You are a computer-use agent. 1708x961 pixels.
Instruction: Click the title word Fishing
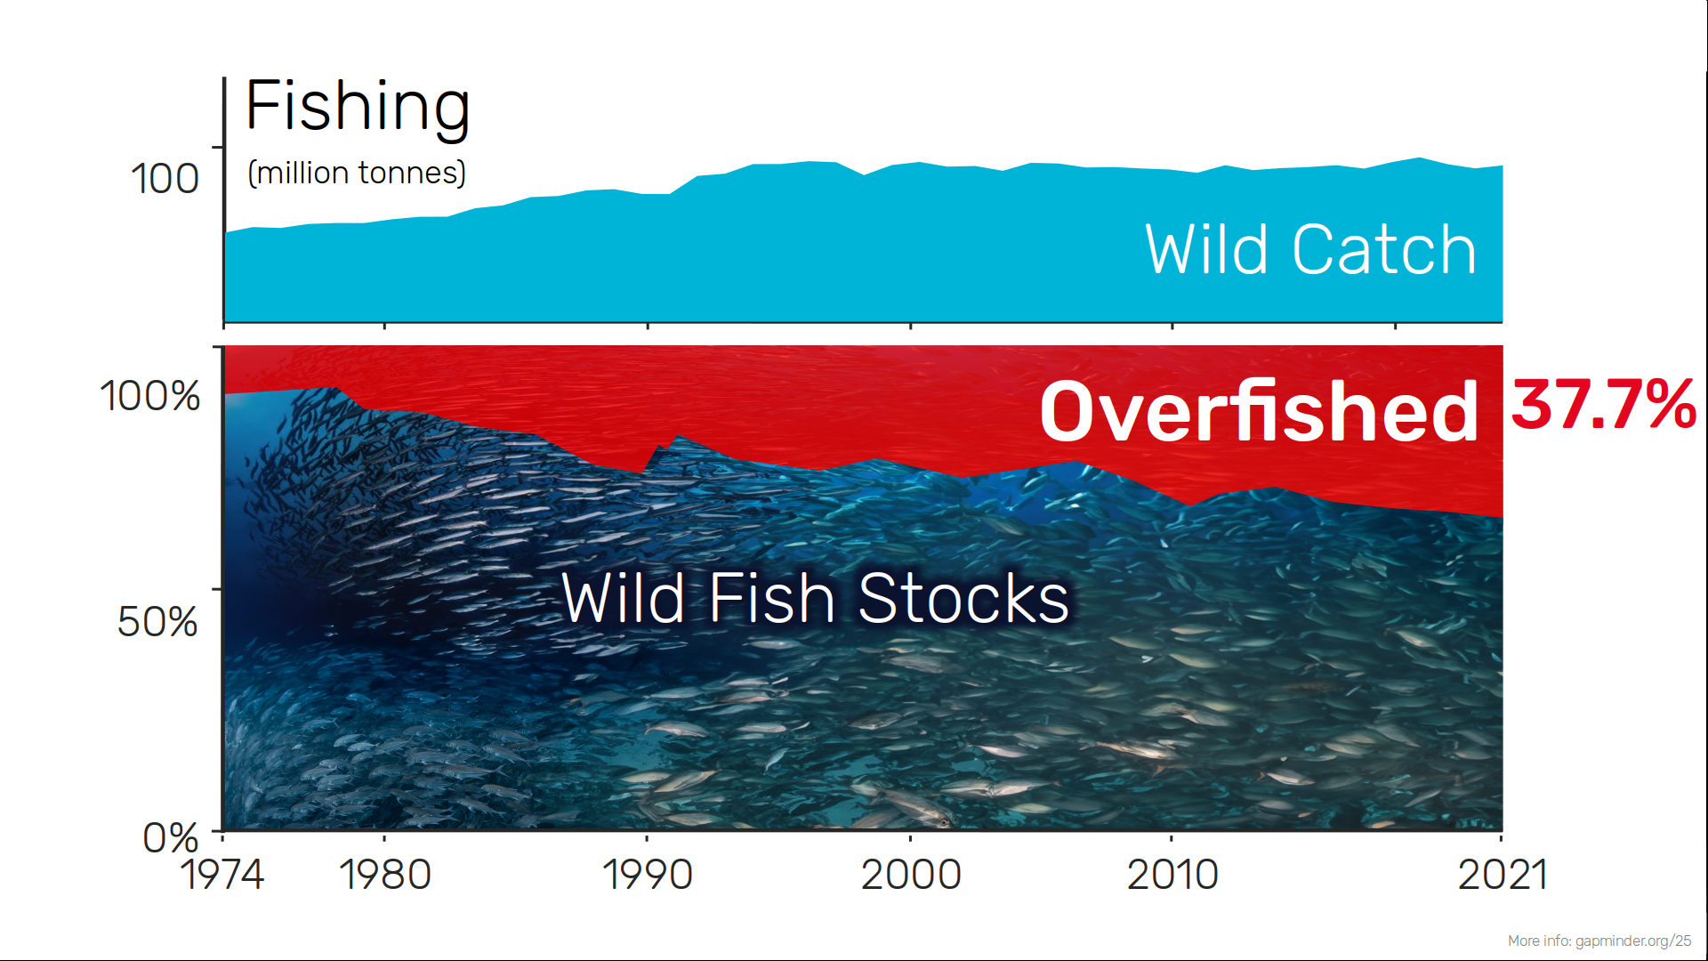pyautogui.click(x=358, y=109)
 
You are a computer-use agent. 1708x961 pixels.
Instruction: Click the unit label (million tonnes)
pyautogui.click(x=357, y=173)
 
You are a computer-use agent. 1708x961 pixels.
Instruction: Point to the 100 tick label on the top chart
pyautogui.click(x=165, y=178)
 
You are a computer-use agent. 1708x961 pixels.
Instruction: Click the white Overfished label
pyautogui.click(x=1259, y=410)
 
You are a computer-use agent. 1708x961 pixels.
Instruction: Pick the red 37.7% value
pyautogui.click(x=1604, y=405)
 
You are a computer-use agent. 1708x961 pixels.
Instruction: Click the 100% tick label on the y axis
pyautogui.click(x=149, y=396)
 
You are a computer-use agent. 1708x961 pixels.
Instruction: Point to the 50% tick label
pyautogui.click(x=157, y=621)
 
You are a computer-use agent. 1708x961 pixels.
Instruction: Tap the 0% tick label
pyautogui.click(x=170, y=837)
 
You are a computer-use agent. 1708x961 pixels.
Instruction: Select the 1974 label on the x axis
pyautogui.click(x=222, y=875)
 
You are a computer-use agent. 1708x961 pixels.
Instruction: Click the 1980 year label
pyautogui.click(x=384, y=875)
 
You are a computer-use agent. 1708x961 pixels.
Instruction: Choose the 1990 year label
pyautogui.click(x=647, y=875)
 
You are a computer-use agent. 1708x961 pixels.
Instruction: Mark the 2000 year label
pyautogui.click(x=911, y=875)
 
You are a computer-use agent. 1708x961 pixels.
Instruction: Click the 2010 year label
pyautogui.click(x=1172, y=875)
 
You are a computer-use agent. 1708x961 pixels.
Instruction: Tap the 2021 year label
pyautogui.click(x=1503, y=875)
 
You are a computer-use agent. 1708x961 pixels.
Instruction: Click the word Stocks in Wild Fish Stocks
pyautogui.click(x=963, y=598)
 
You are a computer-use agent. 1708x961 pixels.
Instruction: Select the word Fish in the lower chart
pyautogui.click(x=772, y=598)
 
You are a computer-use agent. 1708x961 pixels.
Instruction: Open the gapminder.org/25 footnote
pyautogui.click(x=1599, y=941)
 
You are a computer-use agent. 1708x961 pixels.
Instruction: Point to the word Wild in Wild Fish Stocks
pyautogui.click(x=624, y=598)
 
